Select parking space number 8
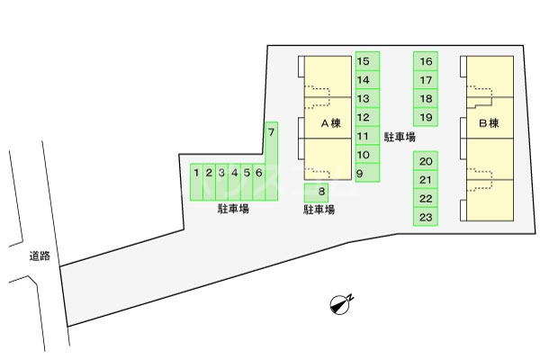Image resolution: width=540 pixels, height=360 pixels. [x=320, y=191]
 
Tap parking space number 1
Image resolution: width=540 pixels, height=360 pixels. [x=195, y=181]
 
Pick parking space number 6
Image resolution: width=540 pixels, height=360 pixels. [x=258, y=181]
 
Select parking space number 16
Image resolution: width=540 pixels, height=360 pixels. [x=427, y=61]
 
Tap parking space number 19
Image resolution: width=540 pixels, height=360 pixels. [x=427, y=117]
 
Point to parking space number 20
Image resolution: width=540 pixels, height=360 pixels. [x=427, y=161]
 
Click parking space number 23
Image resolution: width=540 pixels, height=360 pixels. [x=427, y=217]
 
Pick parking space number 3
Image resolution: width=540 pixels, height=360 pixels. [x=220, y=181]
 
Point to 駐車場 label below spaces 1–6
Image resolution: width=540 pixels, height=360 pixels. [x=233, y=210]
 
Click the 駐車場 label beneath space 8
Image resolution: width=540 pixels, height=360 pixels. [x=319, y=210]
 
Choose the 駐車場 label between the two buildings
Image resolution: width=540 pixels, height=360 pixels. [x=400, y=138]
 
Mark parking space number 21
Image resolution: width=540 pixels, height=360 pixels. [x=427, y=180]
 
